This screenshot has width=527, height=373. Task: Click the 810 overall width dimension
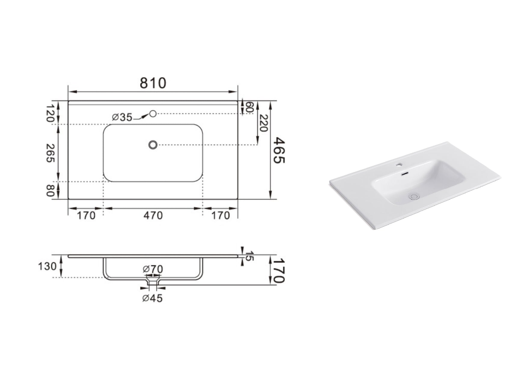[x=153, y=83]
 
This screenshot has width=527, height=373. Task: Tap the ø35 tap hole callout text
[x=122, y=117]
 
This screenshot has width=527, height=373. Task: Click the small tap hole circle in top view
[x=153, y=114]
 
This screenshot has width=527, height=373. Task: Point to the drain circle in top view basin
[x=153, y=145]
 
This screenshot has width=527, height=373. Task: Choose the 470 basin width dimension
[x=153, y=215]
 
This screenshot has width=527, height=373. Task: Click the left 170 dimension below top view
[x=86, y=215]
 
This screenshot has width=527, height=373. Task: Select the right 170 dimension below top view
[x=221, y=215]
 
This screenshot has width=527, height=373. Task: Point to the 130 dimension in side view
[x=47, y=266]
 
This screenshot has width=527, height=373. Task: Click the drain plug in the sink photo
[x=414, y=197]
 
